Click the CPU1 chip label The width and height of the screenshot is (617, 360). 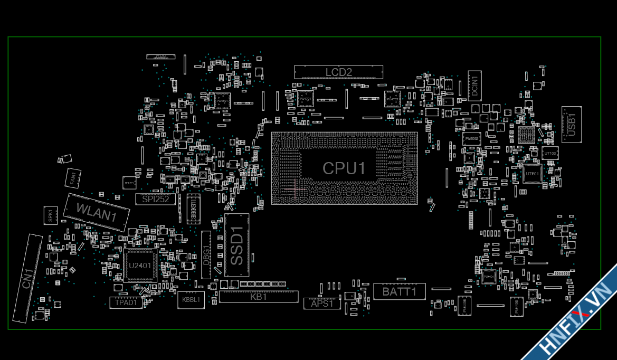pyautogui.click(x=344, y=168)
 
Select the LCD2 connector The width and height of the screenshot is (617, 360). pyautogui.click(x=338, y=72)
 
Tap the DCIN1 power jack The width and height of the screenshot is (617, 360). pyautogui.click(x=474, y=85)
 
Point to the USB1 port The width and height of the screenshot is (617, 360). pyautogui.click(x=571, y=125)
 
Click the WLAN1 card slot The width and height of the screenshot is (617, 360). pyautogui.click(x=97, y=212)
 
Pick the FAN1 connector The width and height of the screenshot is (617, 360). pyautogui.click(x=73, y=178)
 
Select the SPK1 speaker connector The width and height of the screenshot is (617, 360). pyautogui.click(x=50, y=215)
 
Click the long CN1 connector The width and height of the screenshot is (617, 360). pyautogui.click(x=27, y=278)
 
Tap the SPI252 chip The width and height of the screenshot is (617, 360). pyautogui.click(x=156, y=199)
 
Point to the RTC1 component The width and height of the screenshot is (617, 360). pyautogui.click(x=129, y=183)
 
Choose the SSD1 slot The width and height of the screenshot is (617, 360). pyautogui.click(x=236, y=245)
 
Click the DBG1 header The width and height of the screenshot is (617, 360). pyautogui.click(x=206, y=254)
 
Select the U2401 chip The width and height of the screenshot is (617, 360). pyautogui.click(x=139, y=265)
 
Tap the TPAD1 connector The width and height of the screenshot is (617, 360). pyautogui.click(x=126, y=302)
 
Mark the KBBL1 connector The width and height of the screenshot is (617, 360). pyautogui.click(x=191, y=300)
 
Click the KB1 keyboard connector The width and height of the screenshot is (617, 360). pyautogui.click(x=259, y=297)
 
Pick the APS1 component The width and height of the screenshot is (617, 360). pyautogui.click(x=322, y=304)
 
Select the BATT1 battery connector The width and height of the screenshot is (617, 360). pyautogui.click(x=400, y=291)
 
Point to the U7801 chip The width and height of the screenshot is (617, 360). pyautogui.click(x=532, y=173)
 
